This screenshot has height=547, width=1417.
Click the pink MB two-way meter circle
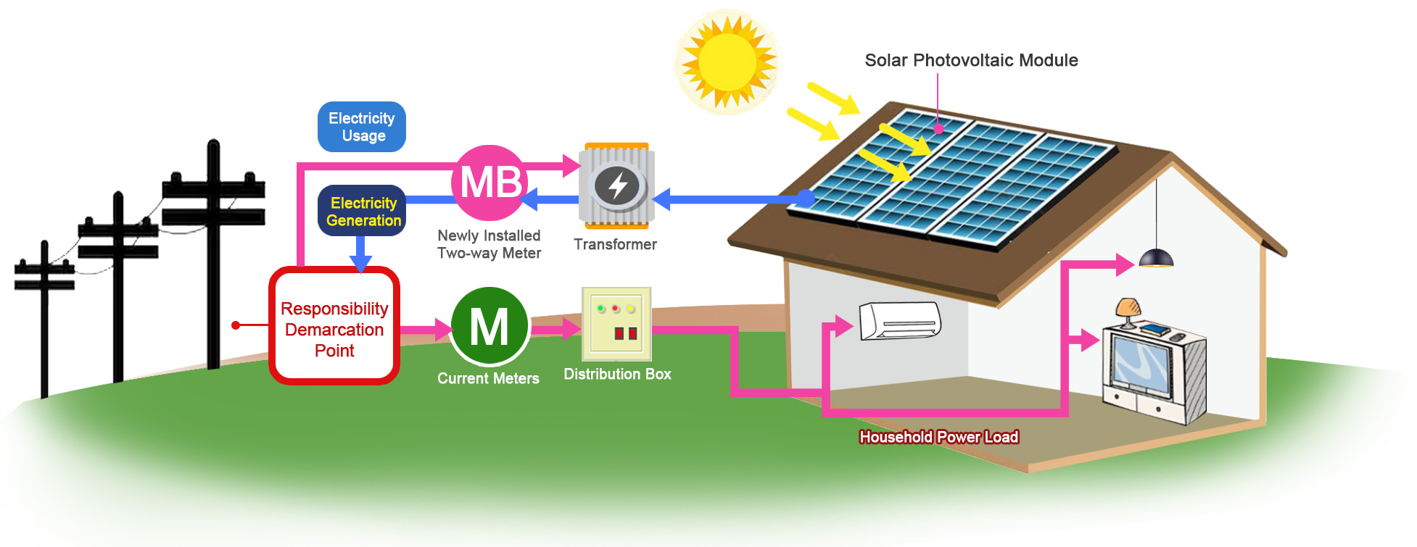(x=489, y=183)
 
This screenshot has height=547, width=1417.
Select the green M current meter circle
(x=489, y=326)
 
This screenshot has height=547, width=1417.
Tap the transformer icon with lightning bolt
(x=616, y=185)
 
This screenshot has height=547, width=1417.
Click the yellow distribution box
(x=616, y=324)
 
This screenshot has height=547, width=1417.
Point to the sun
(x=727, y=62)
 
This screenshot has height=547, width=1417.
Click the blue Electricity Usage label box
(x=361, y=127)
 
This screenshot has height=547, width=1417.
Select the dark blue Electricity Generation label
(x=361, y=211)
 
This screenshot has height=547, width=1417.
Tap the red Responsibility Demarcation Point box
(x=334, y=326)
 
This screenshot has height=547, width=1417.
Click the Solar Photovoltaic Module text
(x=971, y=60)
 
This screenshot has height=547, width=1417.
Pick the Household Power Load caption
(x=938, y=437)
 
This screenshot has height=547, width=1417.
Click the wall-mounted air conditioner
(x=900, y=320)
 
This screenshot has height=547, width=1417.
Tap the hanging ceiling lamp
(x=1156, y=257)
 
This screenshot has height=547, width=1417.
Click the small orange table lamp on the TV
(x=1128, y=310)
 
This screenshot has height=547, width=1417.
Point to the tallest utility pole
(x=213, y=254)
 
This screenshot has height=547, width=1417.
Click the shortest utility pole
(x=45, y=319)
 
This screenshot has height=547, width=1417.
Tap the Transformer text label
(x=615, y=244)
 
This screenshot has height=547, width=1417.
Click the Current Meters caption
(x=488, y=378)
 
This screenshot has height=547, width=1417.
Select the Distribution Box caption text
(x=617, y=374)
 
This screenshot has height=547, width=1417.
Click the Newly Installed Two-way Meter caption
(x=489, y=244)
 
